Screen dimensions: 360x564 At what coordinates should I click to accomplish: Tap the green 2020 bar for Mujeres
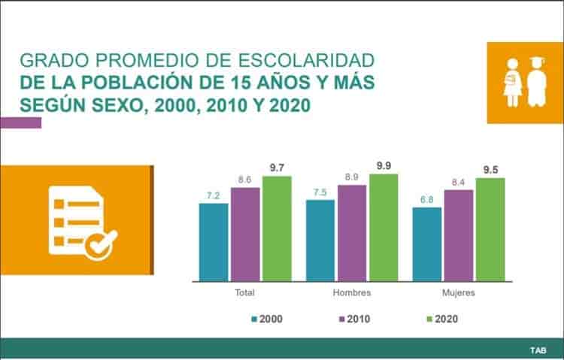[x=490, y=229]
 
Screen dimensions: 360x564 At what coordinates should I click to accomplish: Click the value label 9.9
[x=384, y=166]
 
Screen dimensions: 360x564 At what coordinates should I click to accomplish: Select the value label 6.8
[x=427, y=200]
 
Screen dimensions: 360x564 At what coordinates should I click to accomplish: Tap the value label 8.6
[x=245, y=180]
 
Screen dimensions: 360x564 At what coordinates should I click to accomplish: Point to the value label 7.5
[x=320, y=192]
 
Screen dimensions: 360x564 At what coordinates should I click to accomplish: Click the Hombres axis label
[x=352, y=292]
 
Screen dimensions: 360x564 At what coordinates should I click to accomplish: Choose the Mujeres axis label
[x=459, y=292]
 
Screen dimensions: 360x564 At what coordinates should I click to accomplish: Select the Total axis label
[x=245, y=292]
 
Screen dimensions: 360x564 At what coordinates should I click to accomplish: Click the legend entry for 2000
[x=267, y=319]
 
